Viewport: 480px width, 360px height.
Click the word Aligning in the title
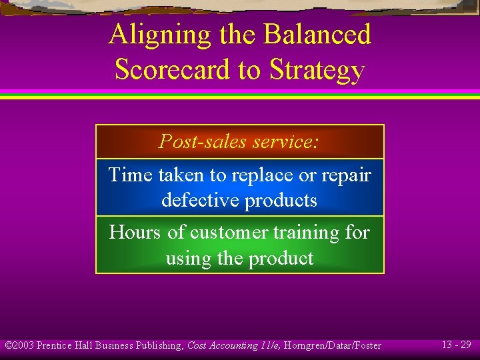[x=149, y=35]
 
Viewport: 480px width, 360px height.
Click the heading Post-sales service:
[x=239, y=141]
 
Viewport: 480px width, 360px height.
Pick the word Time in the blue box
[x=131, y=175]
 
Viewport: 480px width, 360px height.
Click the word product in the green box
[x=278, y=258]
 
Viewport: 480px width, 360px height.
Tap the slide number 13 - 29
[x=456, y=345]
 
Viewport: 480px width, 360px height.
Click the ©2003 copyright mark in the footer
[x=19, y=345]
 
